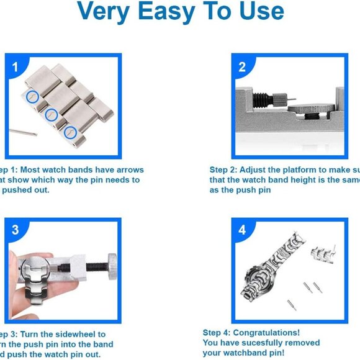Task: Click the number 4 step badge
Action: tap(242, 230)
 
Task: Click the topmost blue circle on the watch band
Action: tap(33, 96)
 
